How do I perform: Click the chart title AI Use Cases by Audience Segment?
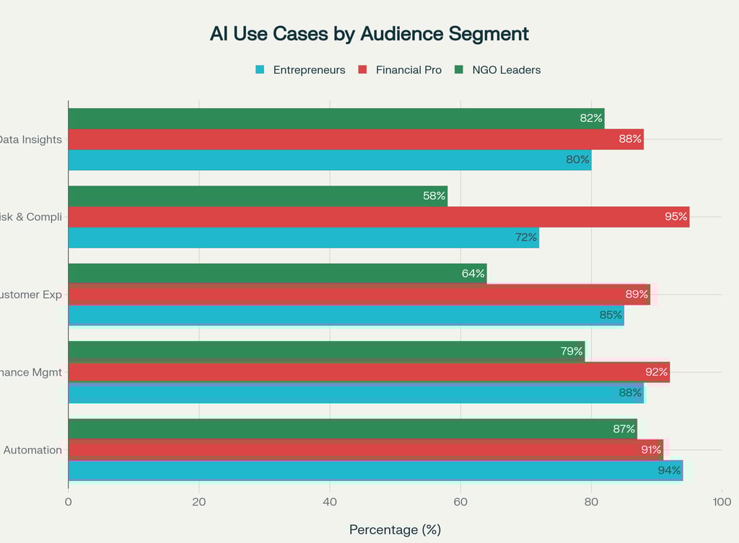click(x=369, y=34)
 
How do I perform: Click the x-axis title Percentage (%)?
click(x=395, y=529)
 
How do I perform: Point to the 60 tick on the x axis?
click(x=460, y=502)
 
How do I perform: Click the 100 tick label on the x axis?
click(x=722, y=502)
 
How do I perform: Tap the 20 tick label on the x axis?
click(x=199, y=502)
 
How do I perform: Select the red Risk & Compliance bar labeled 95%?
click(x=378, y=217)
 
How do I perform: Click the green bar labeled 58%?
click(x=258, y=196)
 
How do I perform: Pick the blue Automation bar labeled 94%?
click(x=375, y=470)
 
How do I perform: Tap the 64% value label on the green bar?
click(x=473, y=274)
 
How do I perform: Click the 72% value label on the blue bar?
click(x=525, y=237)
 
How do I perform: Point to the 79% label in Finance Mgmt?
click(x=572, y=351)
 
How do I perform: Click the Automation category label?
click(x=32, y=450)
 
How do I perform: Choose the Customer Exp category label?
click(x=31, y=294)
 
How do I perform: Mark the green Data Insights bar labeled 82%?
click(x=336, y=118)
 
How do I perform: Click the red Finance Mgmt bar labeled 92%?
click(x=369, y=372)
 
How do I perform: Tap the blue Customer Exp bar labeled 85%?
click(x=346, y=315)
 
